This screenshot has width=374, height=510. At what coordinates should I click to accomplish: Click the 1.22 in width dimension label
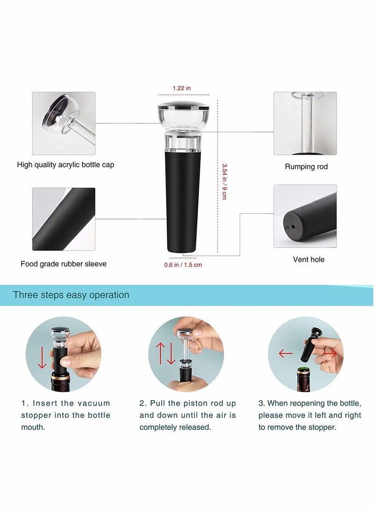[181, 88]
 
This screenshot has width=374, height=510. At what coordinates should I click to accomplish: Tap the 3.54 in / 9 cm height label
[224, 181]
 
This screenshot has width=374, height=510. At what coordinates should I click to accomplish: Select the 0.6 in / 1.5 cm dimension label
[183, 265]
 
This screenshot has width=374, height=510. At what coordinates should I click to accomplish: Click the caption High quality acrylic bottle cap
[65, 165]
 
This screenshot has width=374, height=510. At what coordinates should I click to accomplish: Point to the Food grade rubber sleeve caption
[64, 264]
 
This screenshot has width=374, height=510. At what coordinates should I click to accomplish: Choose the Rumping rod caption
[306, 166]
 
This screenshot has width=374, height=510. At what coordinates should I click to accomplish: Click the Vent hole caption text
[309, 259]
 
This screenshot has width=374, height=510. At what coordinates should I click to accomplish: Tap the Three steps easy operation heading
[71, 295]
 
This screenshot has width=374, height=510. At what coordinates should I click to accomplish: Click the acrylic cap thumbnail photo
[64, 123]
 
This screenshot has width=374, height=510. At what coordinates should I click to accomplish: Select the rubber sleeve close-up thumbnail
[64, 219]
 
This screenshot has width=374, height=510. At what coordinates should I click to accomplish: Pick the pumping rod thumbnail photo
[305, 123]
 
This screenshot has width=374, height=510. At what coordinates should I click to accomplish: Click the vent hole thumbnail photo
[305, 216]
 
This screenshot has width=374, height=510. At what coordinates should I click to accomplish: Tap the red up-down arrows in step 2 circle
[166, 354]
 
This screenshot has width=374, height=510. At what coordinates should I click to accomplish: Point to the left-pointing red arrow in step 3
[285, 354]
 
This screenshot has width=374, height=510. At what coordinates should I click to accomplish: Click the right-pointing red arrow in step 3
[330, 354]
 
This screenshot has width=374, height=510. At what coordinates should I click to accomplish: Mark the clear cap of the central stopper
[183, 115]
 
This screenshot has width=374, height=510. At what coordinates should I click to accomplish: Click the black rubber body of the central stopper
[183, 201]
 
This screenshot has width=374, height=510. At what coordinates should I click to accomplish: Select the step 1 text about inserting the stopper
[65, 415]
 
